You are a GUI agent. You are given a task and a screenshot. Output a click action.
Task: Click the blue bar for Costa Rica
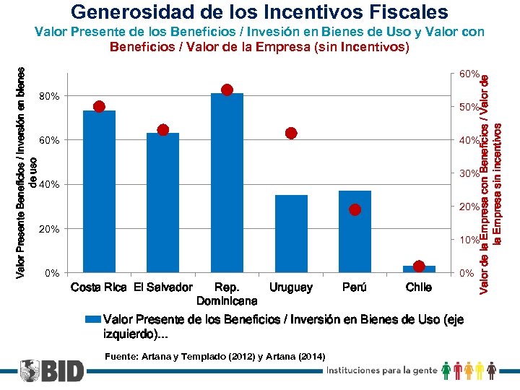click(x=100, y=191)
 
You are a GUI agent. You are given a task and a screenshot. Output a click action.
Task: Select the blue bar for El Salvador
click(x=162, y=202)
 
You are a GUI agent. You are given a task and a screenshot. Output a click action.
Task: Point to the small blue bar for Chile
click(x=419, y=270)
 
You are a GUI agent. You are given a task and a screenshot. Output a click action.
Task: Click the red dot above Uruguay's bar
click(x=291, y=133)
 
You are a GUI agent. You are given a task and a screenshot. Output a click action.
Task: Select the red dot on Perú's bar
click(x=355, y=209)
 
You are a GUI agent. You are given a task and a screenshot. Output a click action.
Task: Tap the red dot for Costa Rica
click(x=100, y=106)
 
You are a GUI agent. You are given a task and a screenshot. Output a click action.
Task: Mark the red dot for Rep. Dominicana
click(x=227, y=90)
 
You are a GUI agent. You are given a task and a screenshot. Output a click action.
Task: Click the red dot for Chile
click(x=419, y=266)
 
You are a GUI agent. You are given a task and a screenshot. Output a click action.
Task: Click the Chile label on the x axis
click(x=419, y=287)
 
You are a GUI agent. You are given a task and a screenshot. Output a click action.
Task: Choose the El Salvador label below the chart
click(x=162, y=287)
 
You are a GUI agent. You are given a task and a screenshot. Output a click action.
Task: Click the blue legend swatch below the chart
click(x=93, y=318)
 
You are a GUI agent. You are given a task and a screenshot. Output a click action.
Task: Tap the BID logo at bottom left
click(x=51, y=370)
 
